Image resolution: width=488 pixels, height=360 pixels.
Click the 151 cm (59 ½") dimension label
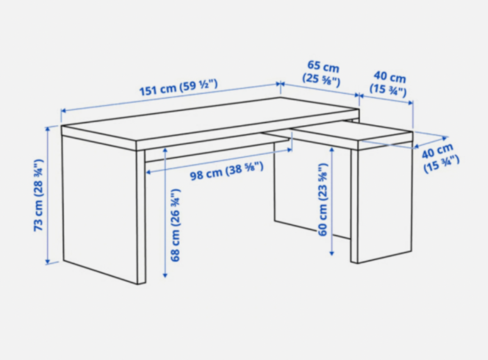tap(178, 88)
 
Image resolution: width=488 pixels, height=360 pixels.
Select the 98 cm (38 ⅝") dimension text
tap(227, 171)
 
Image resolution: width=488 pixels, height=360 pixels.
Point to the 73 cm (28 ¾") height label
tap(39, 195)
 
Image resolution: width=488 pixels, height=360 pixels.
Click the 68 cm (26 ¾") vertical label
tap(175, 225)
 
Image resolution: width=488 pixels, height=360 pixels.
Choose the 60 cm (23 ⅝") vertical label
tap(323, 199)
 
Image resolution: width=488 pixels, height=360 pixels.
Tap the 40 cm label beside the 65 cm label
tap(389, 84)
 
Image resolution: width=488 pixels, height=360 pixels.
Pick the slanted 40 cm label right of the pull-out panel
tap(440, 157)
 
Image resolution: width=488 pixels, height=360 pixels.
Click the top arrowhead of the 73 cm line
tap(48, 129)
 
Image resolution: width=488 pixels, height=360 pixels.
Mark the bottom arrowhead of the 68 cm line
tap(165, 275)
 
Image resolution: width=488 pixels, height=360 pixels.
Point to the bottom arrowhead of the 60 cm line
tap(332, 253)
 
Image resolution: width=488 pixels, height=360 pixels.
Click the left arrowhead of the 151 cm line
tap(63, 110)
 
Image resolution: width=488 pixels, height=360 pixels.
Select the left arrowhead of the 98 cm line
tap(148, 172)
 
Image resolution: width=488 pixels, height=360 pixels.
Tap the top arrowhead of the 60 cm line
tap(332, 150)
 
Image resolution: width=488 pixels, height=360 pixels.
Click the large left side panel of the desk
tap(100, 209)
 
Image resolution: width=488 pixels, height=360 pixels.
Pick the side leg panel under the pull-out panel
tap(385, 202)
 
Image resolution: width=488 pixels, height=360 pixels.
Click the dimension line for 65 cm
tap(320, 90)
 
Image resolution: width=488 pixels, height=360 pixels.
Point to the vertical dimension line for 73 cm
tap(48, 195)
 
